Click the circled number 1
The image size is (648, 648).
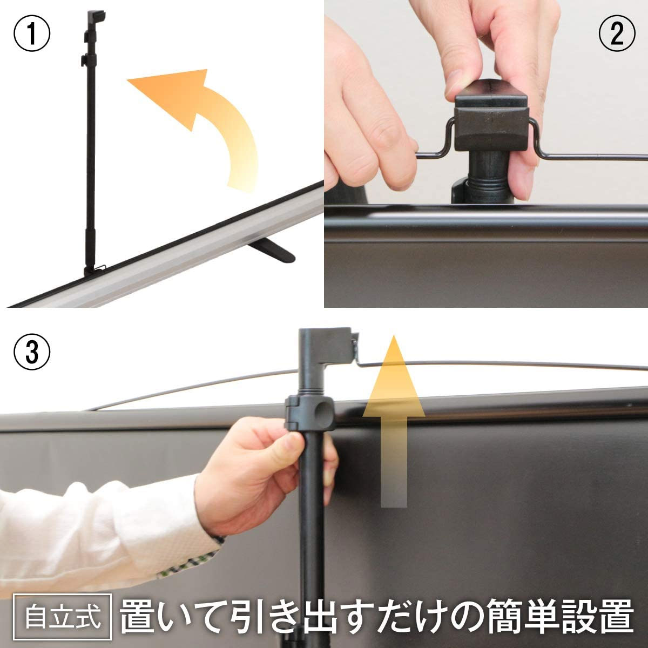(32, 33)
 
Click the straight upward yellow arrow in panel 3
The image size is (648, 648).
(394, 420)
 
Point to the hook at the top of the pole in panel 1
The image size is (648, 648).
(95, 17)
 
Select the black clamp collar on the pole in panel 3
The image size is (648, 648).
(309, 414)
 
